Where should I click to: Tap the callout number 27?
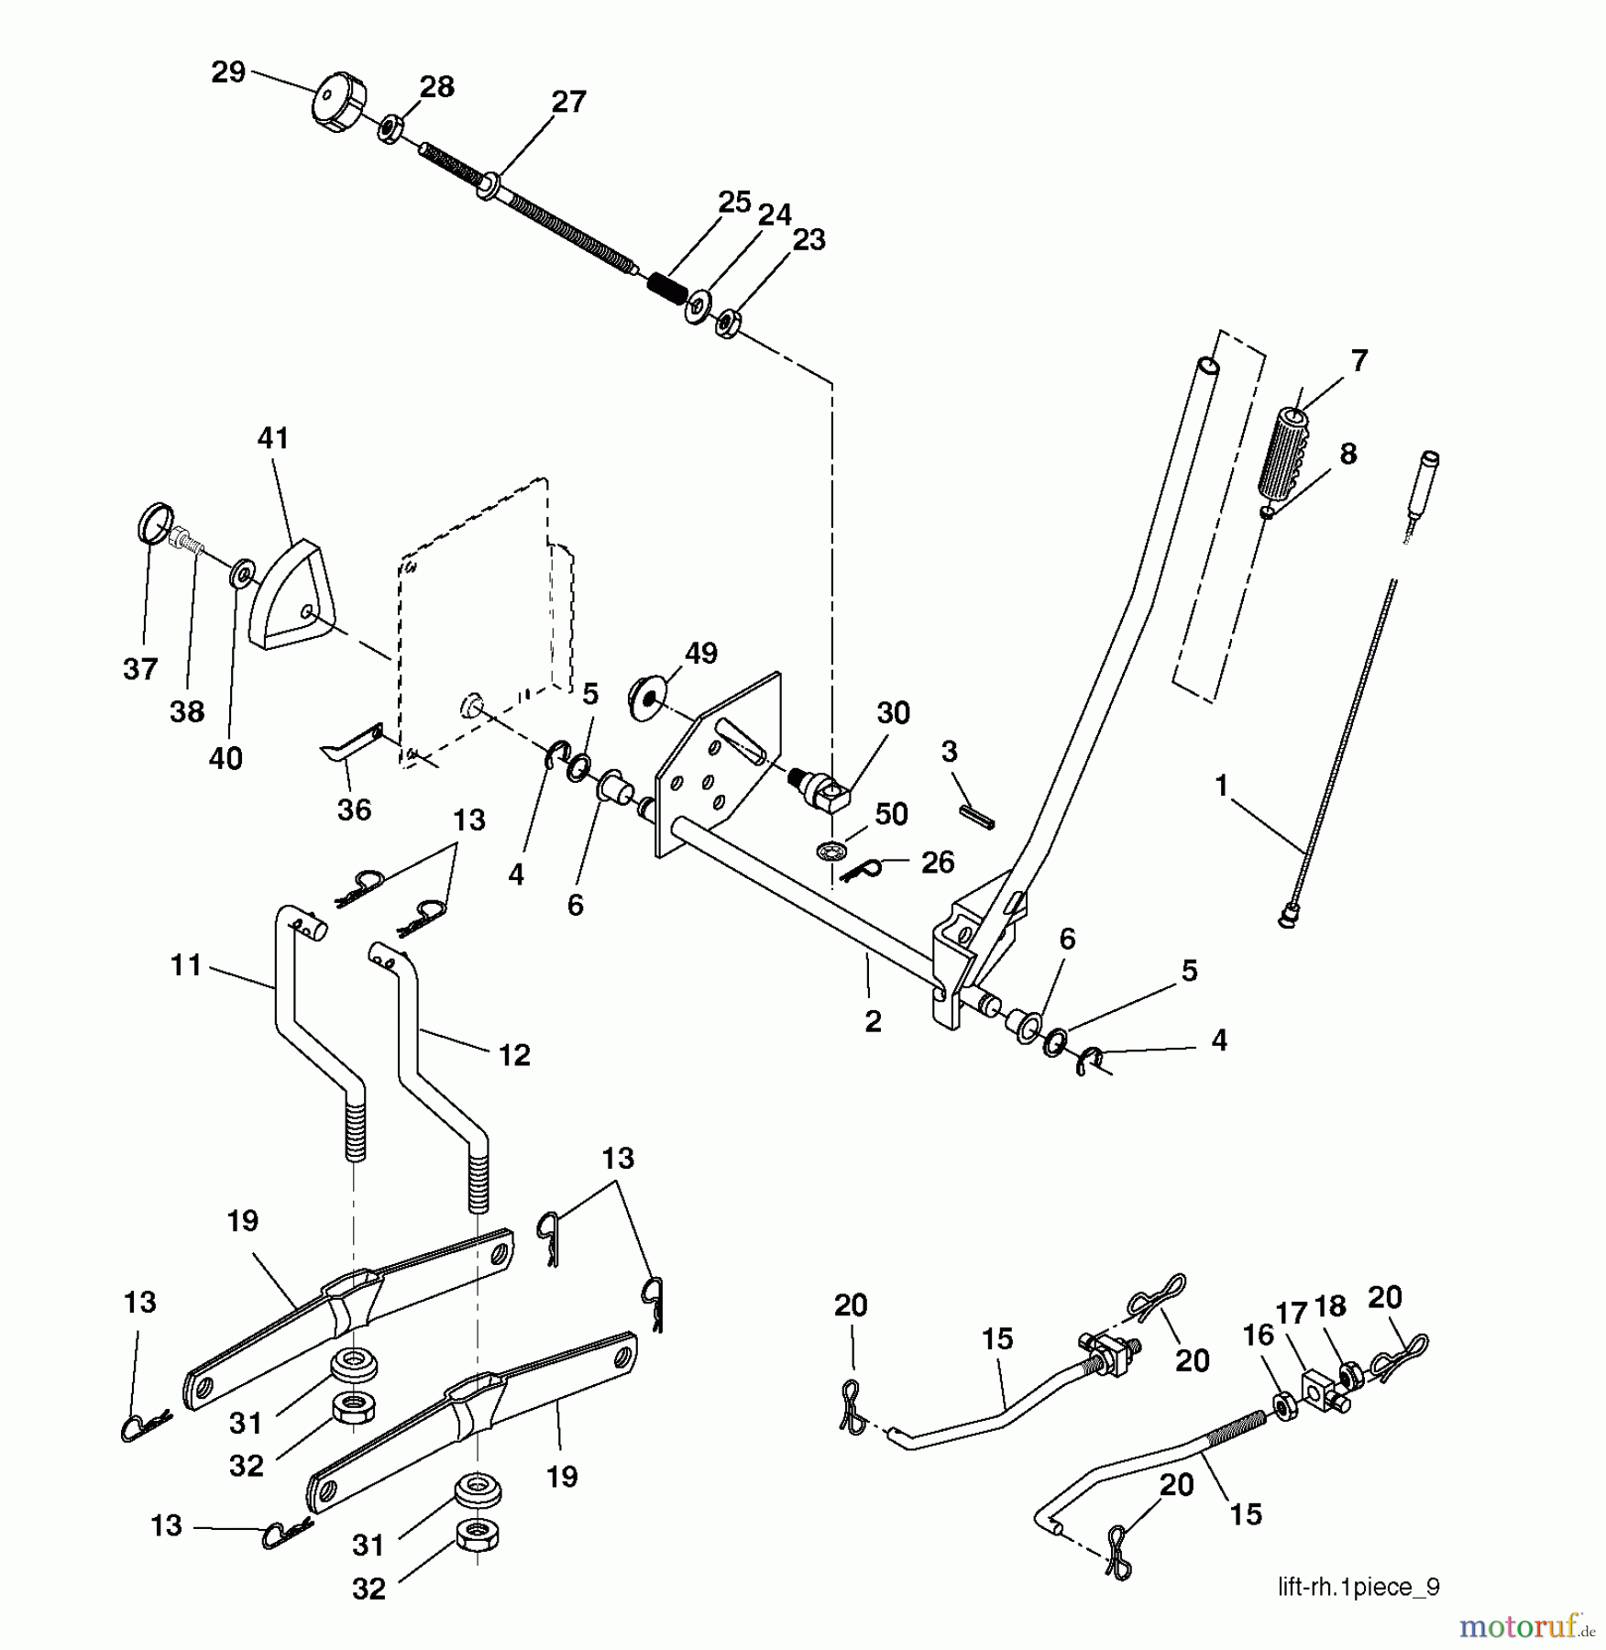pyautogui.click(x=568, y=102)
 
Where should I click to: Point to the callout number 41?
pyautogui.click(x=273, y=438)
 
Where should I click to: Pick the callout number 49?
pyautogui.click(x=701, y=654)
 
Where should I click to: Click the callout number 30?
pyautogui.click(x=893, y=713)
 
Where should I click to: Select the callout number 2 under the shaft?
pyautogui.click(x=873, y=1021)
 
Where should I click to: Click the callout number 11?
pyautogui.click(x=186, y=965)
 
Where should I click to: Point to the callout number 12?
pyautogui.click(x=514, y=1055)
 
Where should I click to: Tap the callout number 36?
pyautogui.click(x=354, y=809)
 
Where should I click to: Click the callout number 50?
pyautogui.click(x=891, y=814)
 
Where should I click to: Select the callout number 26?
pyautogui.click(x=938, y=862)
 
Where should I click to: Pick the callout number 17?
pyautogui.click(x=1292, y=1313)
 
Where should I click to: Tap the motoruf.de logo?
pyautogui.click(x=1527, y=1625)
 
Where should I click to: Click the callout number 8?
pyautogui.click(x=1347, y=454)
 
